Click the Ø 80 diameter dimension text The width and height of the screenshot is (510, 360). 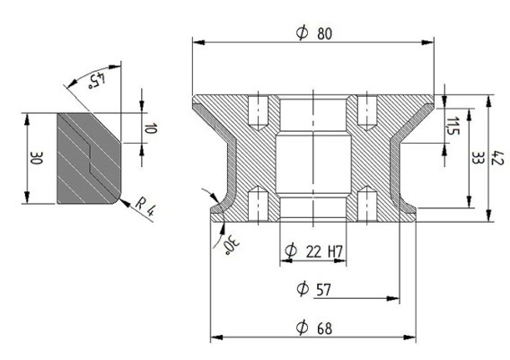[x=314, y=33]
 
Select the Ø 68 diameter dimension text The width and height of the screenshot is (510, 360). [x=314, y=328]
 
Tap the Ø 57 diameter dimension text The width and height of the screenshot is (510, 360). [x=314, y=289]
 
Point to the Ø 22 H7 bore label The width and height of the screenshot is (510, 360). [x=314, y=250]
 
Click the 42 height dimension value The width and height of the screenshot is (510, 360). [x=497, y=157]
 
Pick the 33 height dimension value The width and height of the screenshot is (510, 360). [x=478, y=158]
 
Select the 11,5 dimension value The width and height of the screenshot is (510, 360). [x=453, y=126]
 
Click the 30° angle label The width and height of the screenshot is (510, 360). [x=232, y=244]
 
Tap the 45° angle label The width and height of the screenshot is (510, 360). [x=97, y=81]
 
